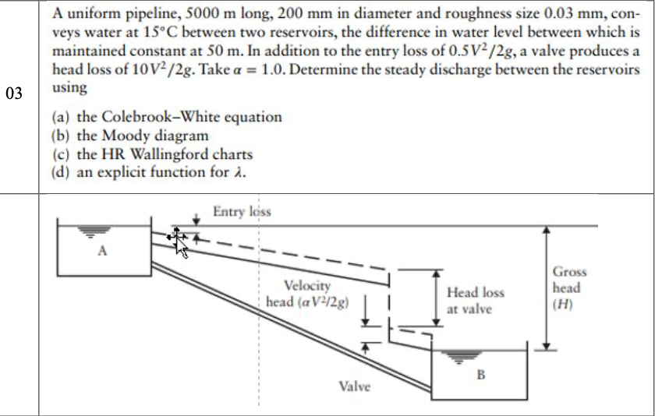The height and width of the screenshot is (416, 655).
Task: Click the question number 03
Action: click(x=13, y=94)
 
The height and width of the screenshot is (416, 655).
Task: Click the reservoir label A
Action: click(x=102, y=251)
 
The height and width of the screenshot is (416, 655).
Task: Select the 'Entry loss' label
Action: click(x=242, y=211)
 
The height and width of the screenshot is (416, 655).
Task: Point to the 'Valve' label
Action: click(x=355, y=386)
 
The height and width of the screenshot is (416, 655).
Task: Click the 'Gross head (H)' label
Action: click(x=569, y=287)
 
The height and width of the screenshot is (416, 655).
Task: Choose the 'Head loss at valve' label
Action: click(x=475, y=301)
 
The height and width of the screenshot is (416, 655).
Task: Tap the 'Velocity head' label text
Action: click(x=307, y=294)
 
